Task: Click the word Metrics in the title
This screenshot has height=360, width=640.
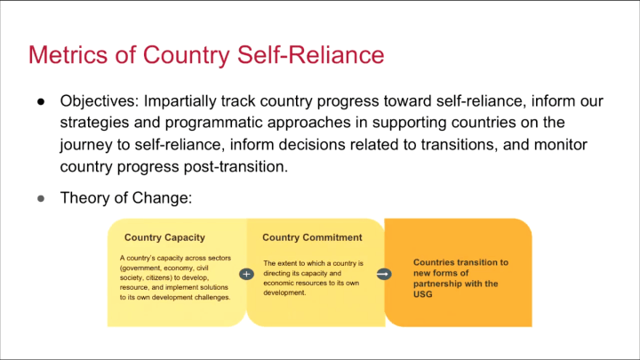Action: (68, 55)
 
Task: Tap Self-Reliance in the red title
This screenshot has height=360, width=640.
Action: (310, 55)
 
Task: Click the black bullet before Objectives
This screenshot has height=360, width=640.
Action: (41, 101)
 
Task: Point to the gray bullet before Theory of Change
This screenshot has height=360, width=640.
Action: (41, 199)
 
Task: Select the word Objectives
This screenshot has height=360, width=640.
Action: (100, 101)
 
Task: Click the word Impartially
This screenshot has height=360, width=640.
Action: (180, 101)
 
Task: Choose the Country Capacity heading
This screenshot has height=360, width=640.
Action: (164, 237)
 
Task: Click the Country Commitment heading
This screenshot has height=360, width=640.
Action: (312, 237)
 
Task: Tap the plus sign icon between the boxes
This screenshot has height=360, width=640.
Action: (246, 275)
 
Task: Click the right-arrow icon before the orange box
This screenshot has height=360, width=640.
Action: (384, 274)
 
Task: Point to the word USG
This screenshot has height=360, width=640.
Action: (422, 294)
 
